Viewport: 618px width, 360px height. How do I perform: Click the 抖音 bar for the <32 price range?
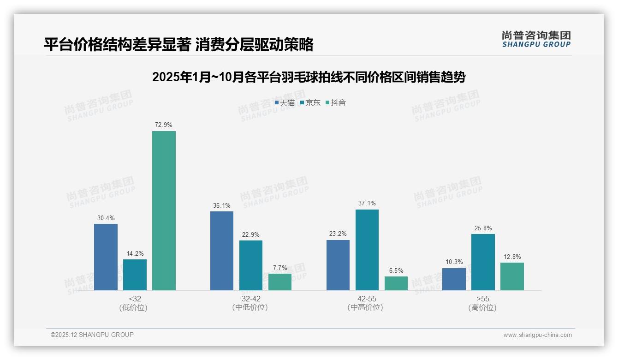(164, 210)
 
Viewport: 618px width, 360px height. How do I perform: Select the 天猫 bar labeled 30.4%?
(106, 257)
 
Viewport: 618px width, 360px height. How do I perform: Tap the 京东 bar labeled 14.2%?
(135, 275)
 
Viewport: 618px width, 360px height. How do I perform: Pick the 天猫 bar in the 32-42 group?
(222, 251)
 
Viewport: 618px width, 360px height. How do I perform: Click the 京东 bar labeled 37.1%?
(367, 250)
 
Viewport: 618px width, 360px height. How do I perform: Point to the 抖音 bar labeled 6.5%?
(396, 283)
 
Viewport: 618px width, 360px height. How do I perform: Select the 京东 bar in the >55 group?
(483, 262)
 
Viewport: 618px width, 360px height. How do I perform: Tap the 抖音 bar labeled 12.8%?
(512, 276)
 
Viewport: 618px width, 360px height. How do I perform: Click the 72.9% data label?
(164, 125)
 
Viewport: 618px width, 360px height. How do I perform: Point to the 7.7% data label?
(280, 268)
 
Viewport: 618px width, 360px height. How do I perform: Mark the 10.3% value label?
(454, 262)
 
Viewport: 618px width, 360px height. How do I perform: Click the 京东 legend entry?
(310, 103)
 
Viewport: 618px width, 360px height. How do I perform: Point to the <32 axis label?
(135, 299)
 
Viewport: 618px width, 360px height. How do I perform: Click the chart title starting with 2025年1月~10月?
(309, 77)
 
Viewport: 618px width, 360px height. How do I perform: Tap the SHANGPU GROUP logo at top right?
(536, 39)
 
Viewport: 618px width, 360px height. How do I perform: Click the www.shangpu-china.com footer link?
(537, 335)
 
